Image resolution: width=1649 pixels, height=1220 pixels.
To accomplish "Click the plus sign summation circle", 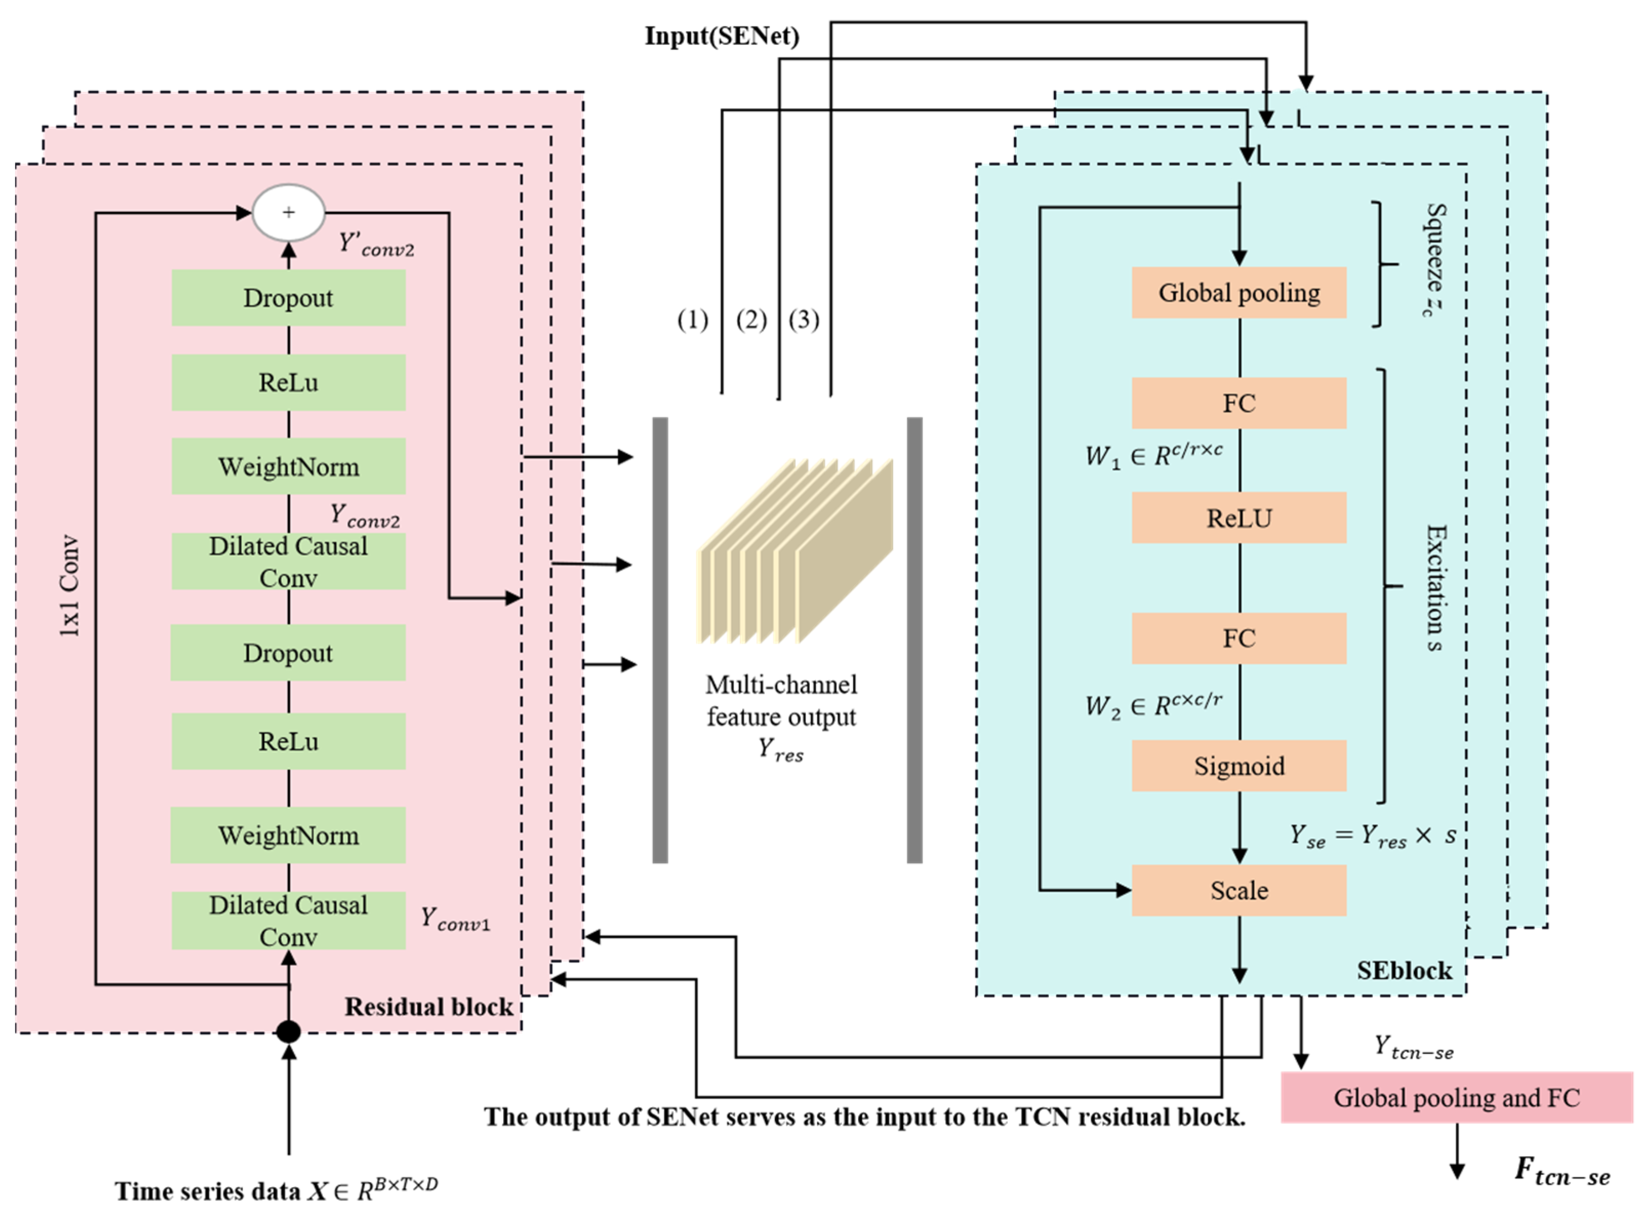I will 289,213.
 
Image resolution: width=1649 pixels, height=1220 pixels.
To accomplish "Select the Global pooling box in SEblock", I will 1238,293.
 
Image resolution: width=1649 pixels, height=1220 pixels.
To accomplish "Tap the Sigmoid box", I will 1238,766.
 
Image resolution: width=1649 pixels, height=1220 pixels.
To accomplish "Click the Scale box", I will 1238,890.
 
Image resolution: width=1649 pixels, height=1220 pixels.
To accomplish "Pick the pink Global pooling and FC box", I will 1456,1097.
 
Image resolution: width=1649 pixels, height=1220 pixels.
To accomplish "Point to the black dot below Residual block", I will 288,1032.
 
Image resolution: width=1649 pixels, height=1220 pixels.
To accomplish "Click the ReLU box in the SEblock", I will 1238,518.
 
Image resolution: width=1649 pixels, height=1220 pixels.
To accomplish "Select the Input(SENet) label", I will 722,35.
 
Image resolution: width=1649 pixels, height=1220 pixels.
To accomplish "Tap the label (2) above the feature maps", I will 751,320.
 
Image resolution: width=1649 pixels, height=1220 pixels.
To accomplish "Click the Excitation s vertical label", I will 1434,588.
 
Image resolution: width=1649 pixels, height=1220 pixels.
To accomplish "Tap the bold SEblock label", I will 1404,970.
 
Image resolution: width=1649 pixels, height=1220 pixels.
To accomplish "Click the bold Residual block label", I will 429,1007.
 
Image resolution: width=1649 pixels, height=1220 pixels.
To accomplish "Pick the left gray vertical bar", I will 660,640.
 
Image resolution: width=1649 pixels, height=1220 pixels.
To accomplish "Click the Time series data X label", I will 276,1190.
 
